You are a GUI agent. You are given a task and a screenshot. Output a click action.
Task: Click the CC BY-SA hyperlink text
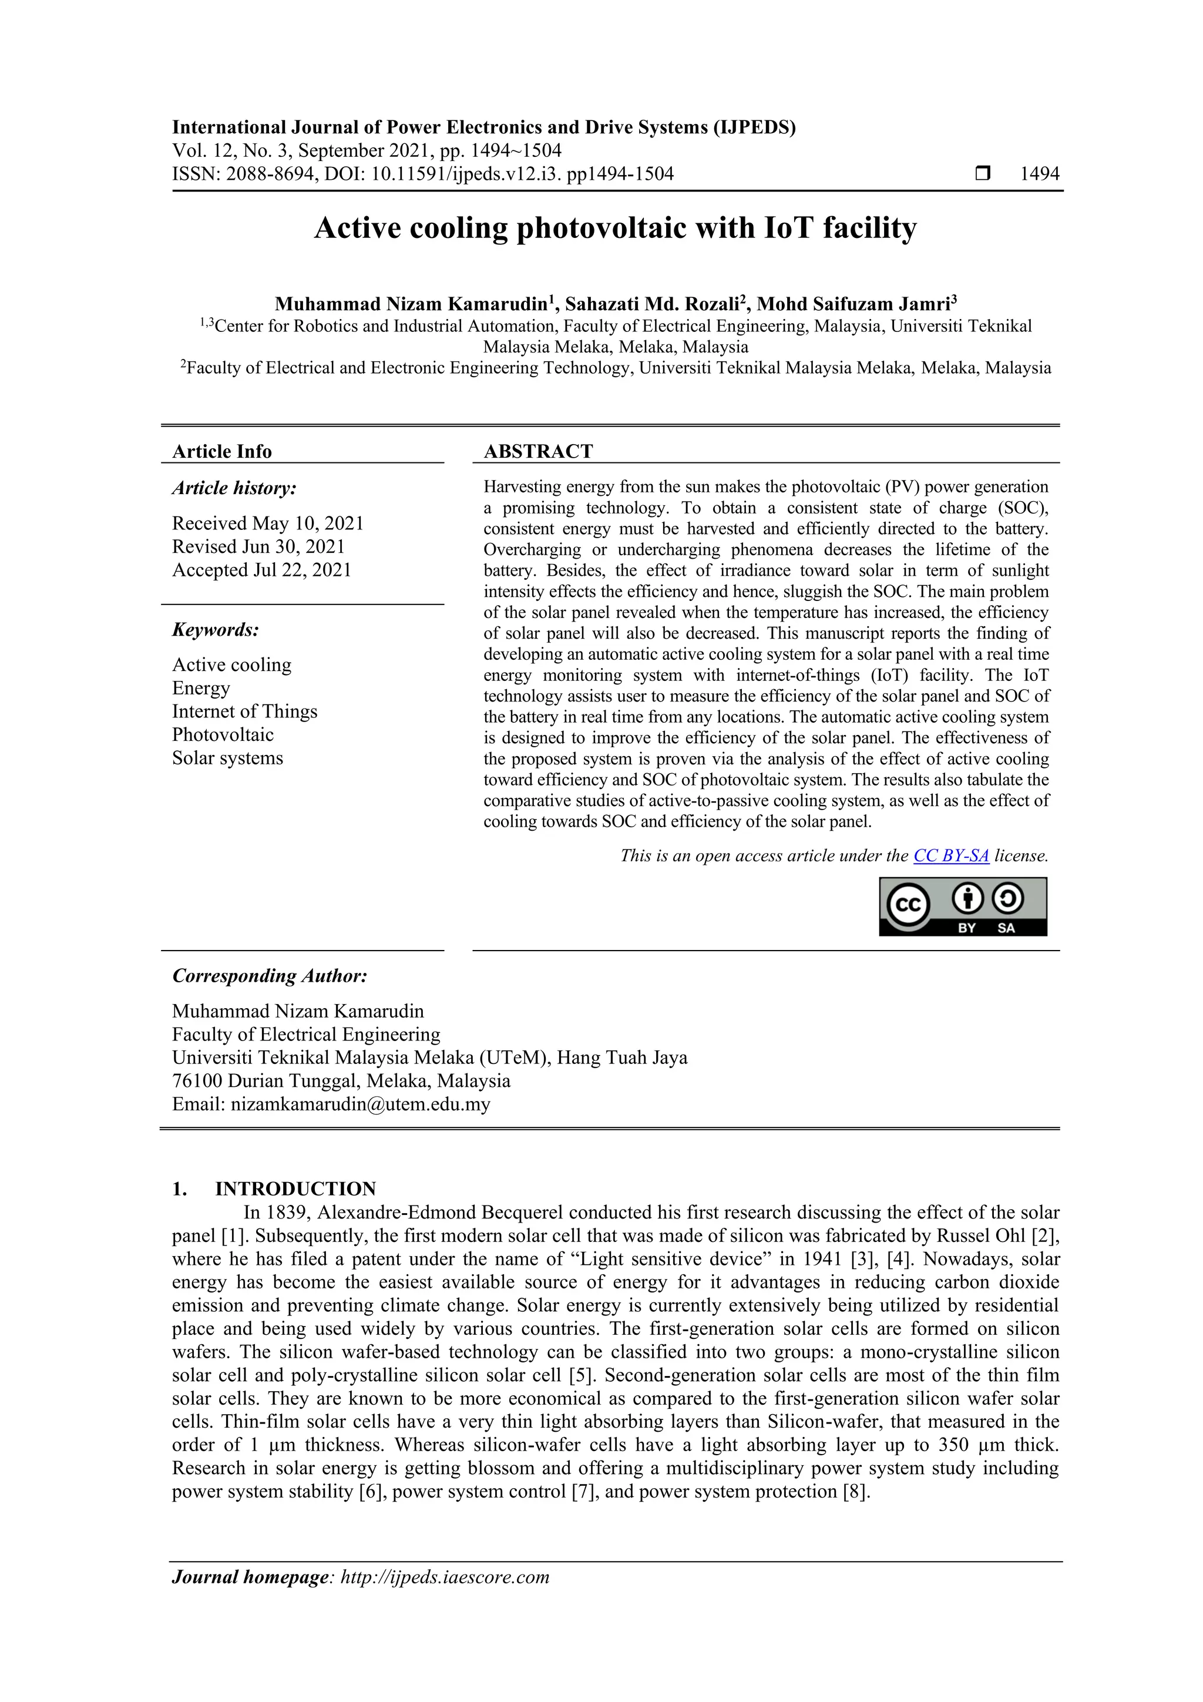[x=950, y=855]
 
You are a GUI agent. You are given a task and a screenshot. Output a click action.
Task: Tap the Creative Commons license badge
[x=962, y=906]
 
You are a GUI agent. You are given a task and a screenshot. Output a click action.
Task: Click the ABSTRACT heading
[x=538, y=451]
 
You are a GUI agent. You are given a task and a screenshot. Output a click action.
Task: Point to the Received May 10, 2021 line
[x=268, y=523]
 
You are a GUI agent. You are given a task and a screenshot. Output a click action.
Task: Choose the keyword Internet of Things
[x=244, y=711]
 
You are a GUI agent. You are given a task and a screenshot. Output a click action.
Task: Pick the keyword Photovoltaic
[x=223, y=734]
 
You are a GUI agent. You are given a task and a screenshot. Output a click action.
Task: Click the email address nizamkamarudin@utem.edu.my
[x=360, y=1104]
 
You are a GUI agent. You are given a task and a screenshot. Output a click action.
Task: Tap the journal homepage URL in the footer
[x=445, y=1577]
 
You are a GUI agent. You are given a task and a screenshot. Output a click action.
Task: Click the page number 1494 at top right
[x=1039, y=174]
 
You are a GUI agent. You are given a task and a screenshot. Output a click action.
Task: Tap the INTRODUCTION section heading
[x=295, y=1189]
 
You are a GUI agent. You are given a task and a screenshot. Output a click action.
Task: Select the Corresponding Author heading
[x=270, y=976]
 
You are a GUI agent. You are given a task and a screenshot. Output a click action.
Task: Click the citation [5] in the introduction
[x=580, y=1375]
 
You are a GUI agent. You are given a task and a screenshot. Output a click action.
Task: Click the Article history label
[x=234, y=488]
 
